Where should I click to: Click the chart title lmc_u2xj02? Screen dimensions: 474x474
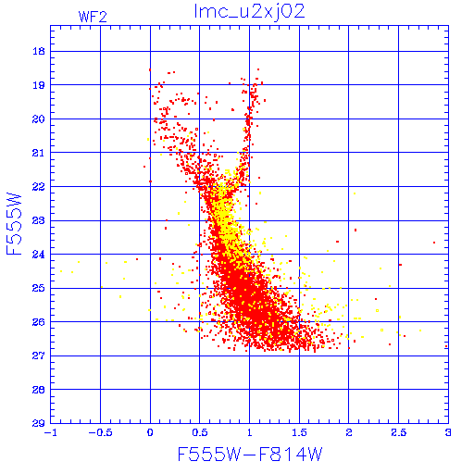[249, 12]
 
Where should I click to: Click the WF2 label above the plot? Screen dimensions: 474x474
[93, 17]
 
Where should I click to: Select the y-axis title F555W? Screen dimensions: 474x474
[14, 224]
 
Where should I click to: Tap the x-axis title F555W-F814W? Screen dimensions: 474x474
[250, 454]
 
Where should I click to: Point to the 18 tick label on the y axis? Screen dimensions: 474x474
[39, 51]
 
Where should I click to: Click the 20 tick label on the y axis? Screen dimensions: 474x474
[39, 118]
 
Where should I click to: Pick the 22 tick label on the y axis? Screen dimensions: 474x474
[39, 186]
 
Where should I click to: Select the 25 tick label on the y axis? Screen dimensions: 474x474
[39, 288]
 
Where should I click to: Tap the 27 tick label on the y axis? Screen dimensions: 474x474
[39, 355]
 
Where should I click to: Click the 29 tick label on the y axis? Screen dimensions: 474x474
[39, 423]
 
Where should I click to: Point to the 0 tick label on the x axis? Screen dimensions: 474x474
[150, 432]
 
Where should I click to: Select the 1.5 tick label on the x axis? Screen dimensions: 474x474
[299, 432]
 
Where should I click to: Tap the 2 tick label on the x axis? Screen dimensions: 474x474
[349, 432]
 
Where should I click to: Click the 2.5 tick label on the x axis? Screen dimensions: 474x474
[399, 432]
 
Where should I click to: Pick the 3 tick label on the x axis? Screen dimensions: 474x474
[448, 432]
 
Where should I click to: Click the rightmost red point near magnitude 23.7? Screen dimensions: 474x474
[434, 243]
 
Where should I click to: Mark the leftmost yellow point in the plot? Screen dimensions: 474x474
[61, 271]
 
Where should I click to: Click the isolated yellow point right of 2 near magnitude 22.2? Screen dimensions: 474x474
[355, 193]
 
